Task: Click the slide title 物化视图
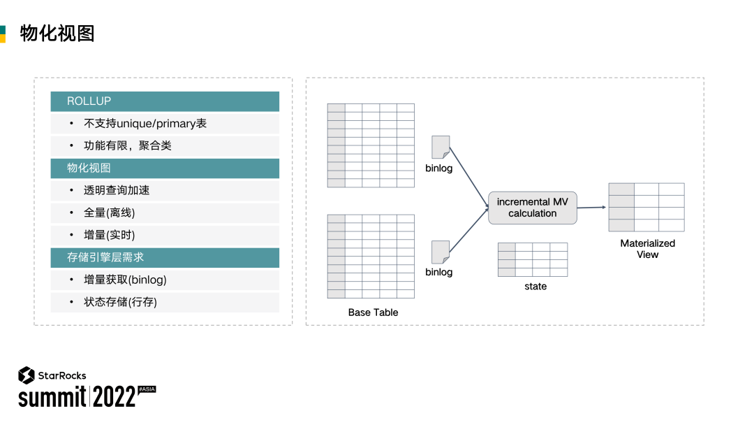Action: click(x=57, y=34)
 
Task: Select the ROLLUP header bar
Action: click(x=165, y=101)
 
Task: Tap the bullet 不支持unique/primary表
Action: click(x=145, y=124)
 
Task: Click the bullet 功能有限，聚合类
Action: click(x=128, y=146)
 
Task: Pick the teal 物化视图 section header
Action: click(x=165, y=168)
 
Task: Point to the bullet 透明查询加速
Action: click(x=117, y=190)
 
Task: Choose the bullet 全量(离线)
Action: click(x=110, y=212)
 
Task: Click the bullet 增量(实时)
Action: click(x=110, y=235)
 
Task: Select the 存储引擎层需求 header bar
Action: click(x=165, y=257)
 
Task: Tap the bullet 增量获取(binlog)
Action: click(x=125, y=280)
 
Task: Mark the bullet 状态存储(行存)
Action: click(x=121, y=302)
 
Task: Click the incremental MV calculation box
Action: click(x=533, y=208)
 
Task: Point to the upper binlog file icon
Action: click(x=441, y=147)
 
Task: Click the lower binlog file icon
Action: click(x=441, y=252)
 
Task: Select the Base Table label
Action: click(x=373, y=312)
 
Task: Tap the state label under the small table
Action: click(x=535, y=287)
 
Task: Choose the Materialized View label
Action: click(x=647, y=249)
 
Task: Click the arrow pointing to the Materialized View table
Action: click(x=591, y=207)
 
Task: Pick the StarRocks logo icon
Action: click(x=27, y=375)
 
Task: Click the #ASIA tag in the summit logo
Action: click(x=147, y=389)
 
